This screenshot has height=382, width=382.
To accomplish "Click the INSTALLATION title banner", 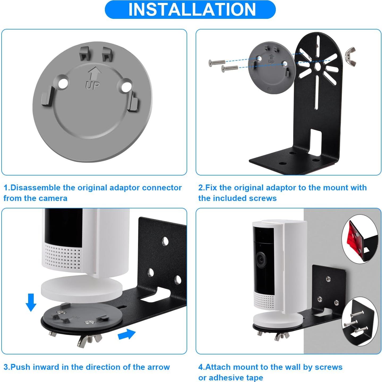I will point(190,10).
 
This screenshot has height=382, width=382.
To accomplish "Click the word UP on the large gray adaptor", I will point(93,85).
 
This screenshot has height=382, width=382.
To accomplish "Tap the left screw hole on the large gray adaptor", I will point(63,84).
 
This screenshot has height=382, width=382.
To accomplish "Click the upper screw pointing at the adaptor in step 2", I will point(217,63).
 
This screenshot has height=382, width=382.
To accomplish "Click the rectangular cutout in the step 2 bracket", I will point(316,141).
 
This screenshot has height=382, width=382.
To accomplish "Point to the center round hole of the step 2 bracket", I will point(317,67).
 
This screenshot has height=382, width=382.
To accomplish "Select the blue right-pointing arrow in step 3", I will point(127,334).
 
